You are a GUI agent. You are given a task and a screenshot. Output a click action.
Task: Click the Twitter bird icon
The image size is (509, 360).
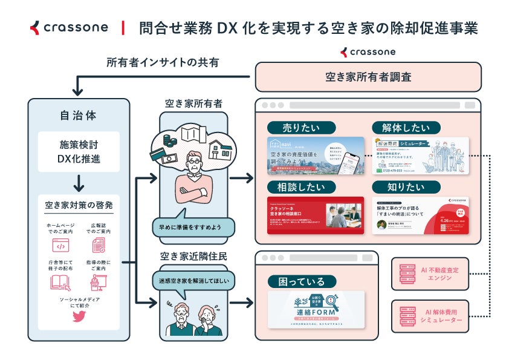78,316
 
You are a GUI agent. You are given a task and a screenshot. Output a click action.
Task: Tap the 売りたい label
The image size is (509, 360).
301,128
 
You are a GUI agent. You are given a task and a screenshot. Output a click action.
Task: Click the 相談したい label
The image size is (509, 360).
301,187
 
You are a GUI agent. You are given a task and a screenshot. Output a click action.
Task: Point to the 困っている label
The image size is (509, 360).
301,281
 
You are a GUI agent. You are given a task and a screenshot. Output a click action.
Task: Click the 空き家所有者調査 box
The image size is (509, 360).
368,77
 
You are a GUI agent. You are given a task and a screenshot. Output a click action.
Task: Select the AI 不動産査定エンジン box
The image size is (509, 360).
431,273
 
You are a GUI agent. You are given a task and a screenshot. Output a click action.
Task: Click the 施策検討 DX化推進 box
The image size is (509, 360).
78,151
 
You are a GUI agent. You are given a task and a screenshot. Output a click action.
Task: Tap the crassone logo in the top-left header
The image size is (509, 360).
70,27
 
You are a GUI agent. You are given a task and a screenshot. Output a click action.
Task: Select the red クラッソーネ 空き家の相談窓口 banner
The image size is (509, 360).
315,215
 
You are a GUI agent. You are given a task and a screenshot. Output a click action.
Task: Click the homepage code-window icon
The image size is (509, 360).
60,246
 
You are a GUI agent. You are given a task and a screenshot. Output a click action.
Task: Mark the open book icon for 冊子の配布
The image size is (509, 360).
60,283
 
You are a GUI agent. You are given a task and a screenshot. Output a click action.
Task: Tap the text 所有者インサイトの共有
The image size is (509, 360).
163,62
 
